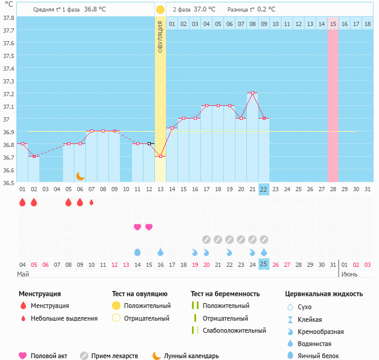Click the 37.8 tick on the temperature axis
(8, 18)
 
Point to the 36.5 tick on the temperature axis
(8, 183)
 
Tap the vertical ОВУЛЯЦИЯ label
(160, 36)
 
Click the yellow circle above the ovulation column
(160, 10)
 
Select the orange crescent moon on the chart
(80, 175)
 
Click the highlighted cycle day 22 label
(263, 189)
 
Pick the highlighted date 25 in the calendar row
(263, 264)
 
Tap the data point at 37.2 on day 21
(252, 93)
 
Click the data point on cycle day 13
(160, 156)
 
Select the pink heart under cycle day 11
(137, 227)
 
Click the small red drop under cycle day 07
(91, 203)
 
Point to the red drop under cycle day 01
(22, 203)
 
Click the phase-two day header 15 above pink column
(333, 24)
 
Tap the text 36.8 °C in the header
(94, 10)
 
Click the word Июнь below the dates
(349, 274)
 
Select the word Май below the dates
(23, 274)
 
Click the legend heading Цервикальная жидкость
(324, 294)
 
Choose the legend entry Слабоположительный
(234, 330)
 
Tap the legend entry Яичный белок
(323, 356)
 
